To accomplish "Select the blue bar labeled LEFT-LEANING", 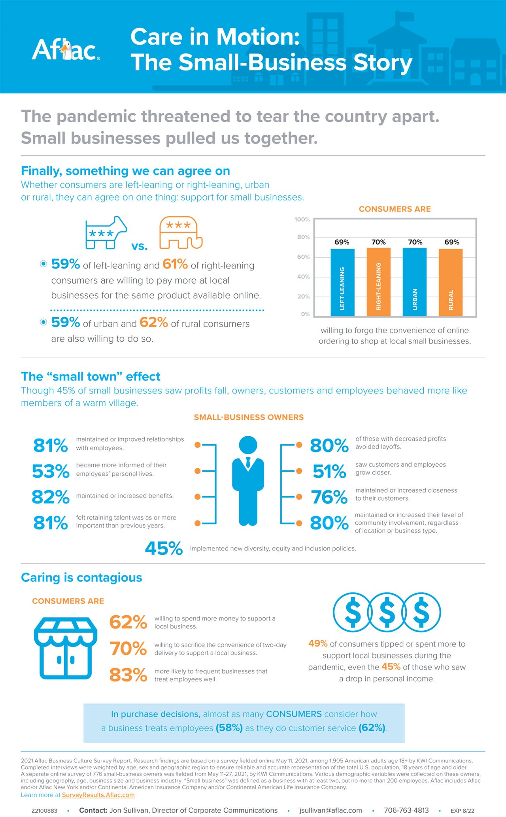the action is [x=342, y=282].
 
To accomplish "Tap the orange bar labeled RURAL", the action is [x=451, y=282].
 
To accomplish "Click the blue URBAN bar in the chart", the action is [x=415, y=282].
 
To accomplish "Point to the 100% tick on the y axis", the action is [x=302, y=219].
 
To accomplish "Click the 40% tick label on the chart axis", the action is [x=303, y=276].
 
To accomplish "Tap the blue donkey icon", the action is [x=106, y=233].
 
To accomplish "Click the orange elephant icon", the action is [x=181, y=233].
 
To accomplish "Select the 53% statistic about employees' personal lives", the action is [x=51, y=471].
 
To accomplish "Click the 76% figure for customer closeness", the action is [x=329, y=497].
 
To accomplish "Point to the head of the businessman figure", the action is [x=248, y=445].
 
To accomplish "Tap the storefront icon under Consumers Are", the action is [x=65, y=647].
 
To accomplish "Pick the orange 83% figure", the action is [x=128, y=675].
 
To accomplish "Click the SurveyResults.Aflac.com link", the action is [x=98, y=795].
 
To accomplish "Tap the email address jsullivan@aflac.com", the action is [x=330, y=810].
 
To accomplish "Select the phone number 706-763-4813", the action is [x=406, y=810].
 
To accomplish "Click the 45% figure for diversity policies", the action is [x=164, y=548].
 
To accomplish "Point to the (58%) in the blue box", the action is [x=229, y=728].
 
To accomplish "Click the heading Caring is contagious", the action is [x=81, y=577].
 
